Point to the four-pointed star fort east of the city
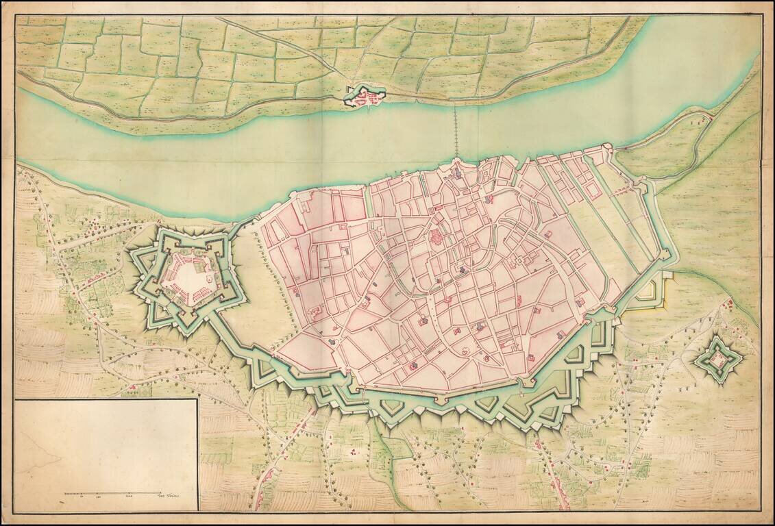(x=718, y=358)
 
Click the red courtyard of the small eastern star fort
(x=718, y=357)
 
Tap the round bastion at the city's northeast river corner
(x=607, y=147)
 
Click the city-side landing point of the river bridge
(x=456, y=161)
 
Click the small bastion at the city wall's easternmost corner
(x=664, y=254)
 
